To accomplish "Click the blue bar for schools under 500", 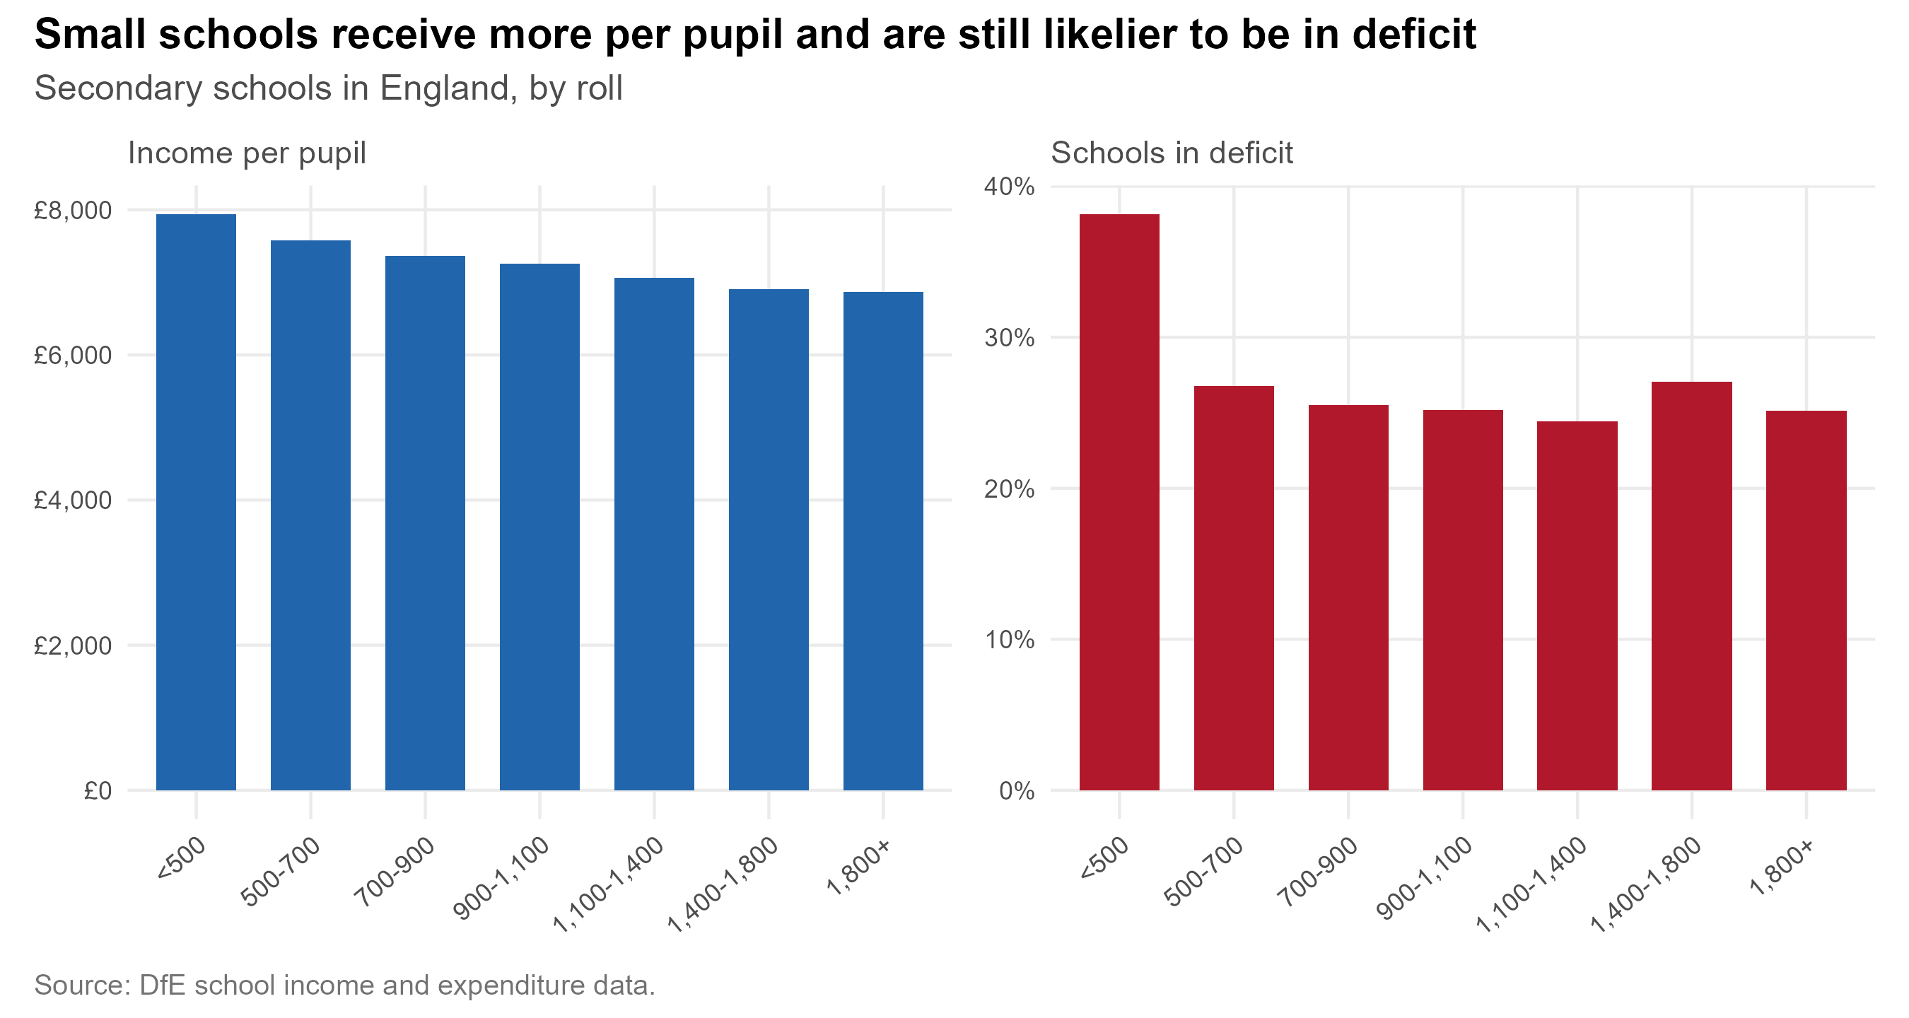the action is (197, 503).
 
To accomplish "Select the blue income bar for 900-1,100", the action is (539, 527).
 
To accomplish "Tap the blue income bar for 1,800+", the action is (883, 541).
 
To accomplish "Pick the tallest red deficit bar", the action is (1119, 503).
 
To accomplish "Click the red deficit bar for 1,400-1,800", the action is (1692, 586).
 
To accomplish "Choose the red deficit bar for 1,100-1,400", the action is (1577, 606).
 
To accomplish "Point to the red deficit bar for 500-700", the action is (1234, 588).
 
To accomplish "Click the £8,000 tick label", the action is (73, 211).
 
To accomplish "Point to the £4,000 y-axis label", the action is (73, 500).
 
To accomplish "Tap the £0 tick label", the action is (98, 790).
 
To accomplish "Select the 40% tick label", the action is (1010, 186).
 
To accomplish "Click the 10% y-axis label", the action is (1010, 639).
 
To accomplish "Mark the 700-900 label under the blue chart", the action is (395, 872).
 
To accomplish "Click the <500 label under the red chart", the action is (1104, 858).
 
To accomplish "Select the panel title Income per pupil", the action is (247, 153).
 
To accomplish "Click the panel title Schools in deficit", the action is (1172, 153).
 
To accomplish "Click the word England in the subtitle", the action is (448, 89).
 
